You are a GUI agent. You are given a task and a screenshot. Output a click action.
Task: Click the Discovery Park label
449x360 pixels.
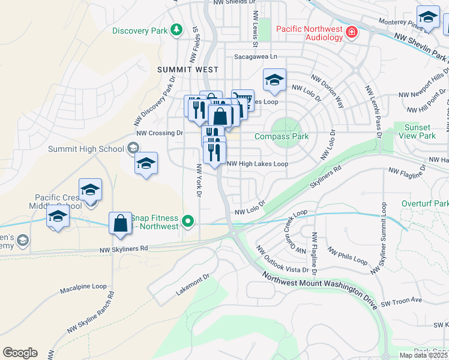pos(140,30)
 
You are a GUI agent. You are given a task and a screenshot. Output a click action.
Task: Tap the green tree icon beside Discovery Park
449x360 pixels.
pos(176,29)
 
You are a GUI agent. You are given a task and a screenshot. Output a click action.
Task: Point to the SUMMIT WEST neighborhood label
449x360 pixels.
pos(187,70)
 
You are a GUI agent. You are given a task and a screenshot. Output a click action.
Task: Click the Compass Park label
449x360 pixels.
pos(282,136)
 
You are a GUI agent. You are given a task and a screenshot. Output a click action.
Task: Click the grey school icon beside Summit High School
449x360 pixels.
pos(133,148)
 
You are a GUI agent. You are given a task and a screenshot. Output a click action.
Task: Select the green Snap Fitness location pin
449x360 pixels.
pos(188,222)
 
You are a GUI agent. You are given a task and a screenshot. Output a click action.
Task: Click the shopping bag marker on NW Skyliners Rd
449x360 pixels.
pos(121,224)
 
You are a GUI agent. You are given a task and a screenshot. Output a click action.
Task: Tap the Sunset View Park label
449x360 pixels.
pos(418,131)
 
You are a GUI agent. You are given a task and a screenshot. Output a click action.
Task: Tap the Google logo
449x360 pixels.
pos(20,353)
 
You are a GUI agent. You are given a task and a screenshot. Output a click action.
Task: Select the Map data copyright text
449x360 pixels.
pos(423,355)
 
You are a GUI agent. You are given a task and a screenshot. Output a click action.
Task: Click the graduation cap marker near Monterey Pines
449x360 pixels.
pos(428,18)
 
